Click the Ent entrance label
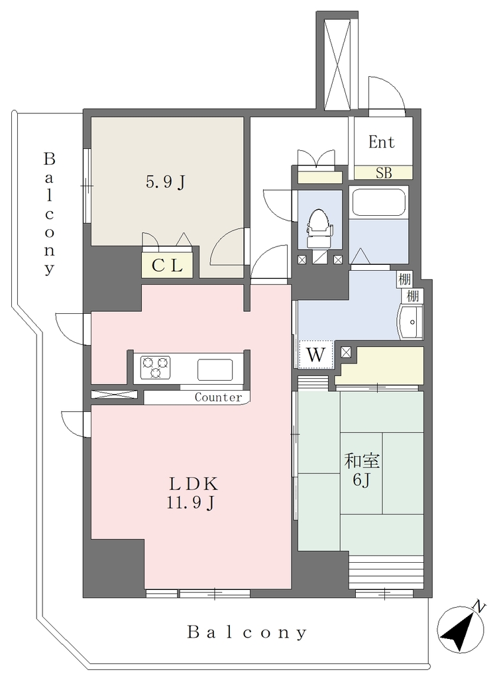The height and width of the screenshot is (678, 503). tap(381, 142)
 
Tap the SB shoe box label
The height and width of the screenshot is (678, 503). tap(384, 173)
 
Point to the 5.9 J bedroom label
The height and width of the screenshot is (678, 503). tap(166, 183)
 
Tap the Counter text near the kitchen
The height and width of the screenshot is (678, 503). tap(218, 397)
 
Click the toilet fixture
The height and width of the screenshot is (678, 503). tap(319, 228)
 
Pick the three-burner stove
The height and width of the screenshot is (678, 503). tap(155, 367)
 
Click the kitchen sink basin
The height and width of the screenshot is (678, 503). tap(215, 369)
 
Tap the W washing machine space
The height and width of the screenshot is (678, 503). tap(316, 355)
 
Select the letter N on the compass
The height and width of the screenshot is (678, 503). tap(478, 606)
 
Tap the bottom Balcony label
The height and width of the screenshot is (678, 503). tap(247, 632)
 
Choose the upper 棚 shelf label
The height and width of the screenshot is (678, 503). tap(404, 279)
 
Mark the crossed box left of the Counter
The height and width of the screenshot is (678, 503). tap(115, 395)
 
